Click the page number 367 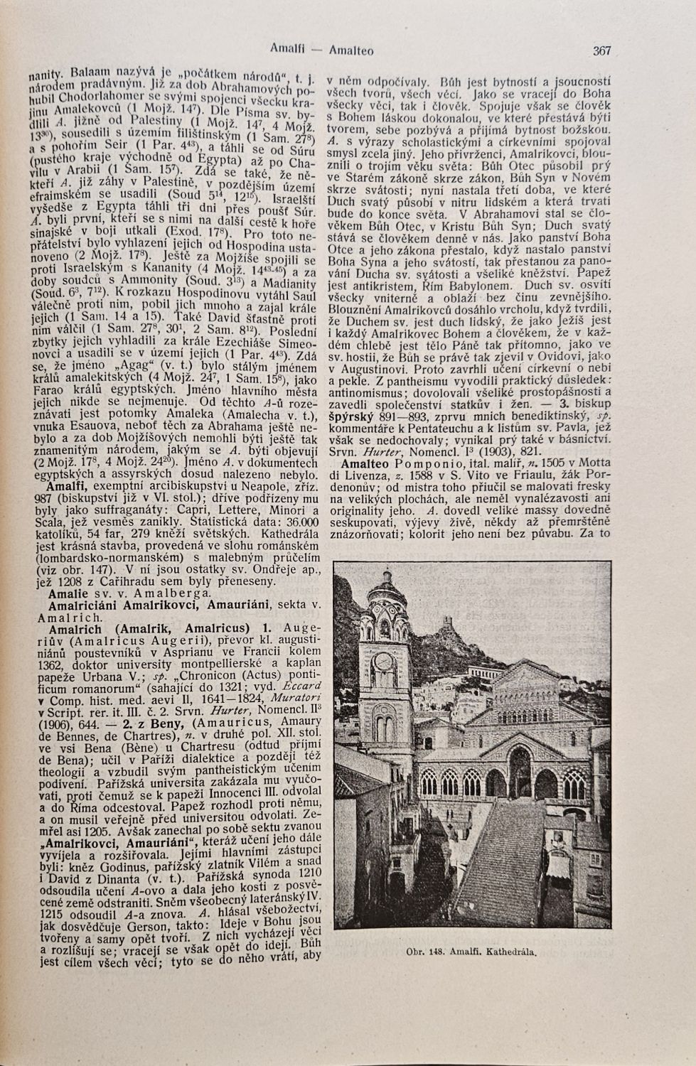pyautogui.click(x=601, y=50)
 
